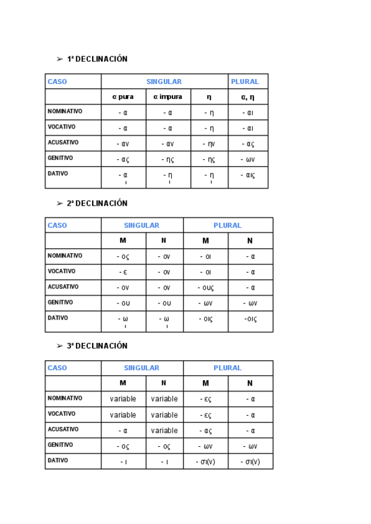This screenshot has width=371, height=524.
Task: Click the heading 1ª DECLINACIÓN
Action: (x=97, y=59)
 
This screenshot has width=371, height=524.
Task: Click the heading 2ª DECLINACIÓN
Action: (x=97, y=203)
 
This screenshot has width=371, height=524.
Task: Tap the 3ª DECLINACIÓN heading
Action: (x=97, y=346)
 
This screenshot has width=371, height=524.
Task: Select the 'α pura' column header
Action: (x=123, y=97)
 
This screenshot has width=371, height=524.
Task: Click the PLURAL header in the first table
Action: (x=245, y=82)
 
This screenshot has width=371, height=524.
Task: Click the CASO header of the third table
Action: (x=58, y=368)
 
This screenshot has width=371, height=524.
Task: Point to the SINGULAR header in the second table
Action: (x=142, y=226)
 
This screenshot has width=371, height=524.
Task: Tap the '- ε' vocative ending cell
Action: (x=122, y=272)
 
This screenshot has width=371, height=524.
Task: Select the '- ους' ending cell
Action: (x=205, y=287)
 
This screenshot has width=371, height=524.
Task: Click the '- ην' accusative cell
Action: (x=208, y=144)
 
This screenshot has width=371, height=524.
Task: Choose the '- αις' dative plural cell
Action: (x=247, y=175)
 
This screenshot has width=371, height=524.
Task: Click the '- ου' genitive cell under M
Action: (x=122, y=303)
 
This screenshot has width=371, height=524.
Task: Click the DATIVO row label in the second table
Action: (x=58, y=318)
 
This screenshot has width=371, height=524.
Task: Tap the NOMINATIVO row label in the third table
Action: (x=65, y=398)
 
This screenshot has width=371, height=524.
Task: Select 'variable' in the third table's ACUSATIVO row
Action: (x=164, y=431)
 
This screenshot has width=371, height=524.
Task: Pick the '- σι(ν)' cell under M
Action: (x=205, y=462)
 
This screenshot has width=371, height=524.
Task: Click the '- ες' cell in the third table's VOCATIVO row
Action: (x=205, y=415)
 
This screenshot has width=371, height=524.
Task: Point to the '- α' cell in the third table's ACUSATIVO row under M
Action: (x=122, y=431)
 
